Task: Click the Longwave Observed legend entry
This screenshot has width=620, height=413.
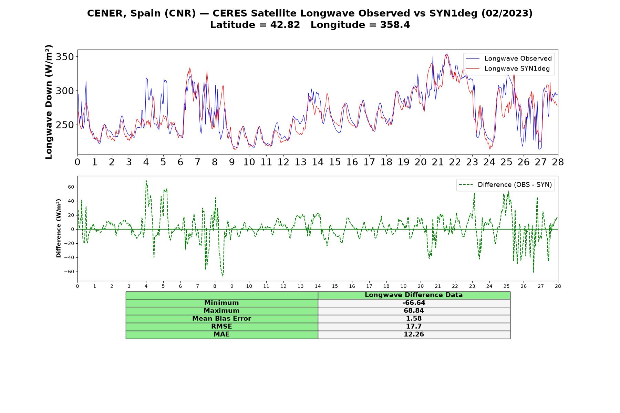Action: (x=508, y=59)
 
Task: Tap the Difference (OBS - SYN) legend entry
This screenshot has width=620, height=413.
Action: (x=505, y=185)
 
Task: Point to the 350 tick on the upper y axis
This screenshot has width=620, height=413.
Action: (x=65, y=57)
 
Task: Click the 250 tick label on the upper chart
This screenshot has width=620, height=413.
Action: (x=65, y=125)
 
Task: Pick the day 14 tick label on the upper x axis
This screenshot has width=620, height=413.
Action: (x=318, y=162)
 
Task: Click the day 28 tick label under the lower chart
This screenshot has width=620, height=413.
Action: (x=558, y=286)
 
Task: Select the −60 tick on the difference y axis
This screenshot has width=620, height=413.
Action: (x=69, y=272)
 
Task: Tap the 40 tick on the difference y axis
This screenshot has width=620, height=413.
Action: (x=71, y=201)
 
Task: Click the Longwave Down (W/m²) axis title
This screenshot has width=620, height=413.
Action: (x=49, y=102)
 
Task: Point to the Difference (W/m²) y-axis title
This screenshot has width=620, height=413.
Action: (x=59, y=228)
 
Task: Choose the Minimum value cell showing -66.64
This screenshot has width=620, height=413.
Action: (x=414, y=303)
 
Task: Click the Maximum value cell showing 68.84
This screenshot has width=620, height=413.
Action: (x=414, y=311)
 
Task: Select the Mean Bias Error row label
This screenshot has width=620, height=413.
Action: (x=221, y=319)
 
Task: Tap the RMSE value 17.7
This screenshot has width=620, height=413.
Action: (x=414, y=327)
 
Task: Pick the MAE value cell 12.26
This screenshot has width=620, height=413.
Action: (x=414, y=335)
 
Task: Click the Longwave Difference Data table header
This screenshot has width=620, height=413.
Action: (x=414, y=295)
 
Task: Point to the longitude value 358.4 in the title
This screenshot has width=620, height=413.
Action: (x=395, y=25)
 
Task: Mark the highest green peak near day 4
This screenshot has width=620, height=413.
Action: (x=146, y=180)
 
